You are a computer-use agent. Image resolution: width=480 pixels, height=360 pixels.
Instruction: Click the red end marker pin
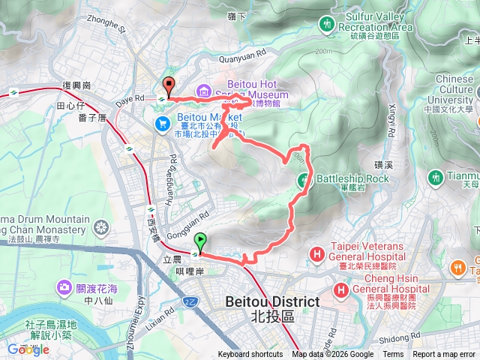[x=169, y=86]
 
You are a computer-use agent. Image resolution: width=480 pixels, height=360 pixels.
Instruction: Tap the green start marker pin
[x=200, y=241]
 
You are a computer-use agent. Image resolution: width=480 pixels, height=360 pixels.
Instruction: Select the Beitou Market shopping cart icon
[x=161, y=123]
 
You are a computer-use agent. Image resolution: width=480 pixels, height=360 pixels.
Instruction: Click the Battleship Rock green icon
[x=304, y=179]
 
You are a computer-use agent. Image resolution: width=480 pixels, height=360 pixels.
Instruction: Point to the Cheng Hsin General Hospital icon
[x=342, y=289]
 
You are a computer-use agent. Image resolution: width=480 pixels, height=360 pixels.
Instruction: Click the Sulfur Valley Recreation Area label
[x=379, y=21]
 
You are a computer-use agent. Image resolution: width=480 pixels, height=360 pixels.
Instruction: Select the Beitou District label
[x=271, y=309]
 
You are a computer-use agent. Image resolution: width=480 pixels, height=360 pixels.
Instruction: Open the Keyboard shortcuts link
[x=250, y=355]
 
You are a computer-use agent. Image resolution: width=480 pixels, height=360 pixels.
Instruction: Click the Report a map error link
[x=444, y=355]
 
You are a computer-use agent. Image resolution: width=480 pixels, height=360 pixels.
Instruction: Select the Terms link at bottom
[x=393, y=355]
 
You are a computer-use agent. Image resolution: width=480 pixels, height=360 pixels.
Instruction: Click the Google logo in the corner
[x=28, y=349]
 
